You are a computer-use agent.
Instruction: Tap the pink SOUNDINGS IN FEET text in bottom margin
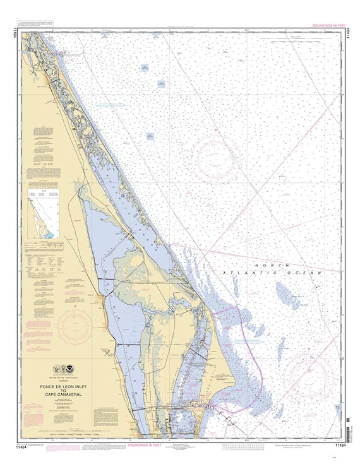tap(144, 445)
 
